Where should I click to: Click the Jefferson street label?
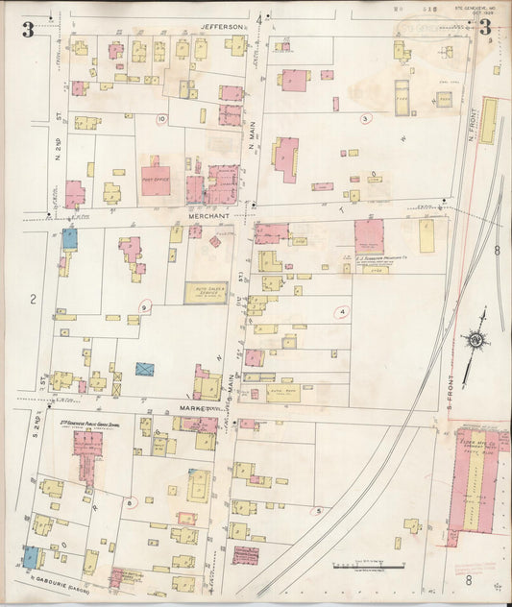pyautogui.click(x=224, y=27)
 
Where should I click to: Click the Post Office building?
pyautogui.click(x=156, y=179)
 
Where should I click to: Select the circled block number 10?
pyautogui.click(x=162, y=119)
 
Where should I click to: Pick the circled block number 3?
pyautogui.click(x=365, y=119)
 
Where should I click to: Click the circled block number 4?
pyautogui.click(x=342, y=311)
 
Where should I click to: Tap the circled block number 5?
pyautogui.click(x=318, y=511)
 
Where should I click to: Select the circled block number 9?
pyautogui.click(x=145, y=306)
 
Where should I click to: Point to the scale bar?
pyautogui.click(x=368, y=568)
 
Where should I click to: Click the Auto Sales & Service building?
pyautogui.click(x=206, y=293)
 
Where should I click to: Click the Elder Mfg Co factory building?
pyautogui.click(x=476, y=490)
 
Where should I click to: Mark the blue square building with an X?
pyautogui.click(x=145, y=369)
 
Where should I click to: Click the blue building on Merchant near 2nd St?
pyautogui.click(x=69, y=239)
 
